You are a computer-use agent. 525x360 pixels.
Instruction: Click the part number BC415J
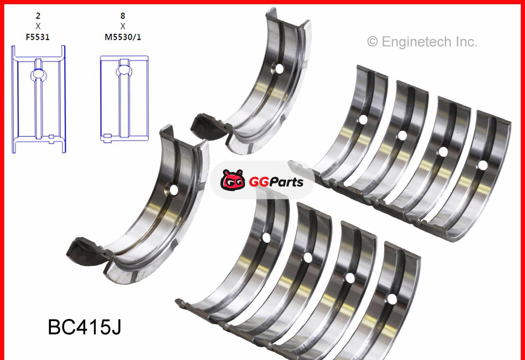coord(84,327)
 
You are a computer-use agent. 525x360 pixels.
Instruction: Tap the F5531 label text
coord(38,37)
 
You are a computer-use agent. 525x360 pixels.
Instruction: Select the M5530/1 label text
coord(123,37)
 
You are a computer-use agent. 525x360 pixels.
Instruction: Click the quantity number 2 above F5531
coord(38,16)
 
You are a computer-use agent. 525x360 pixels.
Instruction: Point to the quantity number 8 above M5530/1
coord(122,16)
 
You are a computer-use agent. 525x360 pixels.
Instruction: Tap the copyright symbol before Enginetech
coord(372,42)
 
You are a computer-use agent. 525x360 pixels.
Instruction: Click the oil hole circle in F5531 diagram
coord(38,74)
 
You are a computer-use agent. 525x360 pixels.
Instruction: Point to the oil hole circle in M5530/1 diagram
coord(124,70)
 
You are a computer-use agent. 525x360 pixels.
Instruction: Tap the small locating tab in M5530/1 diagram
coord(107,136)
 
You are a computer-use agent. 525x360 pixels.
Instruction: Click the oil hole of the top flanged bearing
coord(279,69)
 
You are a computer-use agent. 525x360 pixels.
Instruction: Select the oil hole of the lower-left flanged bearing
coord(174,190)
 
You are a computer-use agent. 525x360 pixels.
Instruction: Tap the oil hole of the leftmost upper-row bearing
coord(363,120)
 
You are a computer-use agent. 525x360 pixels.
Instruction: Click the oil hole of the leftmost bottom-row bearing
coord(266,238)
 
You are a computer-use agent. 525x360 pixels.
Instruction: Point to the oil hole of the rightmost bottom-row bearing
coord(392,299)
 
